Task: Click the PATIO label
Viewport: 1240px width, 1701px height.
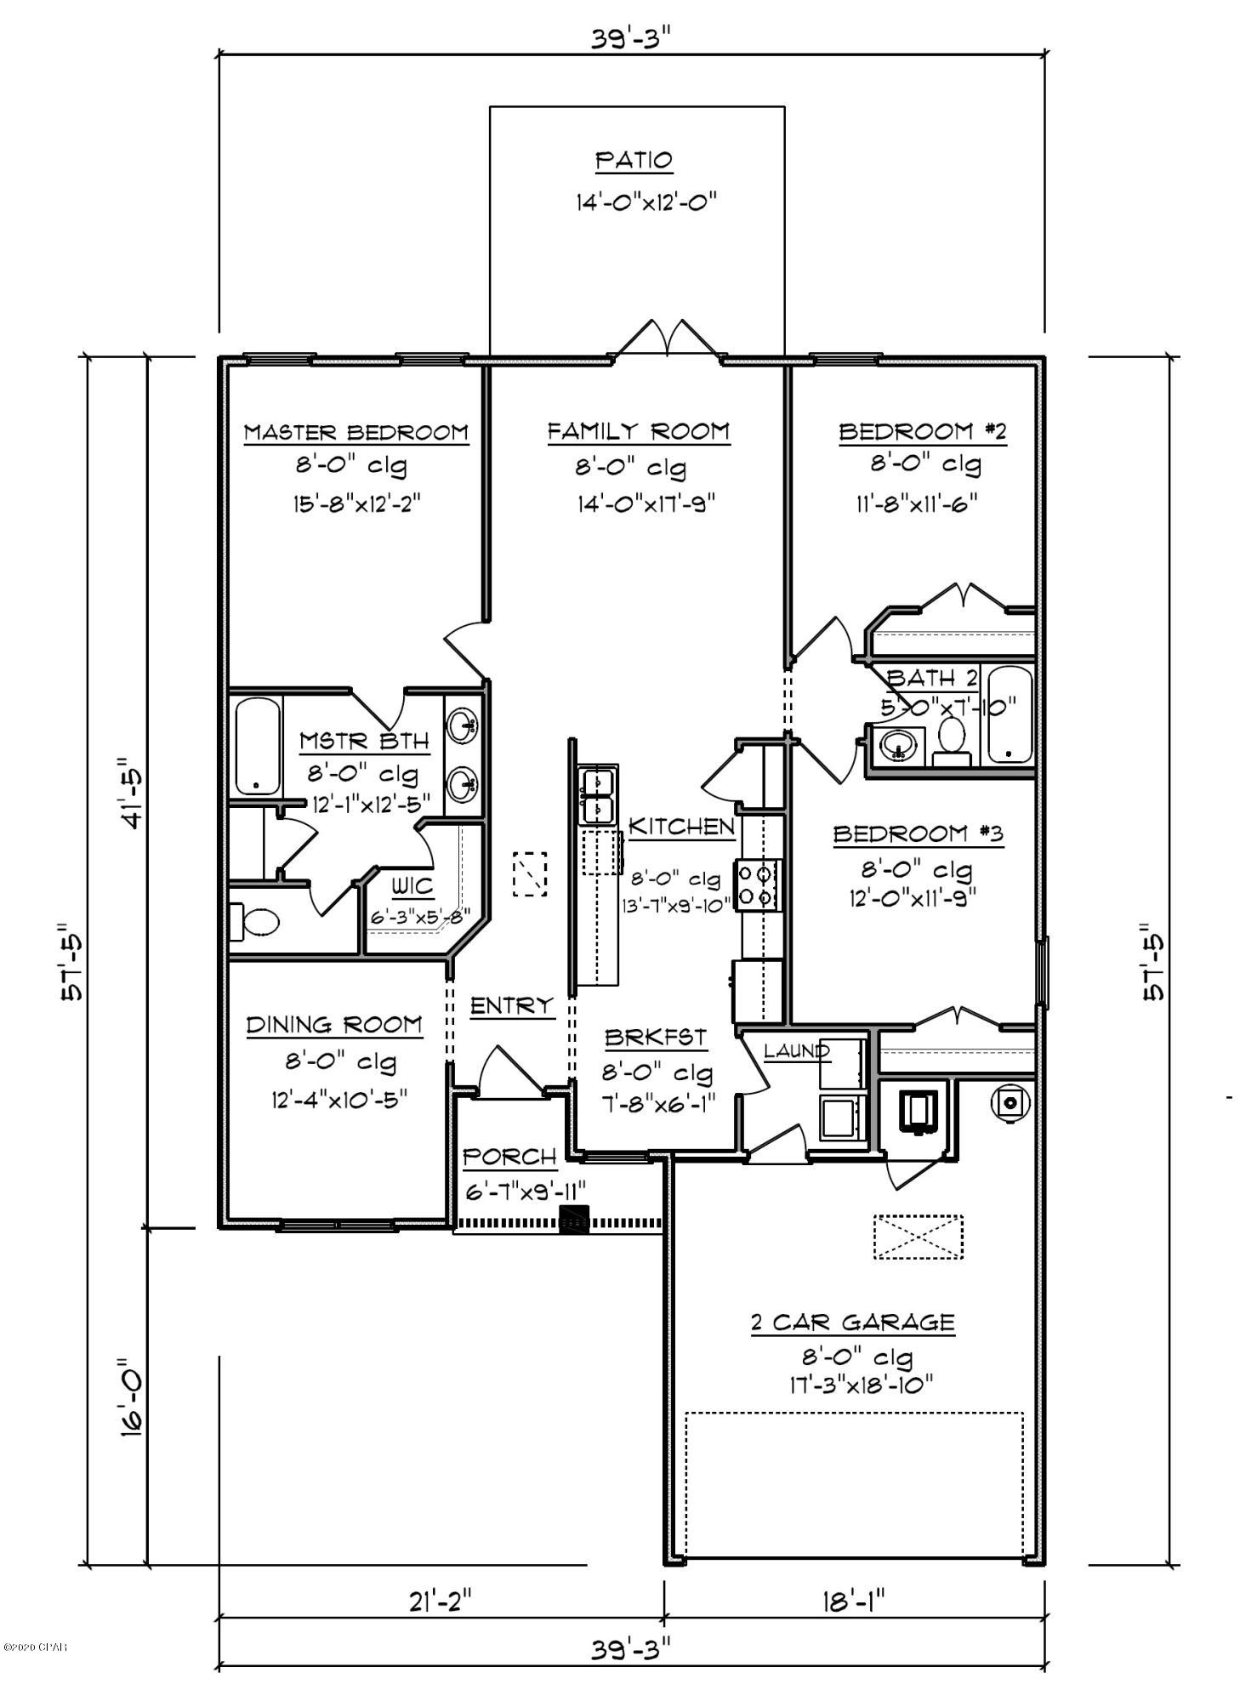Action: coord(634,160)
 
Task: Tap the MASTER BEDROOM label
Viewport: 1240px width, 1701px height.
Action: coord(356,432)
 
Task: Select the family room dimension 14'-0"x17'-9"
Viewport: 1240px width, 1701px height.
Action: coord(646,504)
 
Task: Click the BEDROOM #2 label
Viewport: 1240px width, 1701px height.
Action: coord(922,432)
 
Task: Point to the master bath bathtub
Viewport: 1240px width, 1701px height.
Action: coord(257,746)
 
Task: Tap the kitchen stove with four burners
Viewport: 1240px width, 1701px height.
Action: coord(758,885)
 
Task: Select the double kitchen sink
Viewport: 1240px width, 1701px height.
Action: coord(598,795)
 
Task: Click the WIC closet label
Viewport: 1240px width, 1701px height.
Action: coord(412,887)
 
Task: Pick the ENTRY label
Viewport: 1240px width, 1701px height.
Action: coord(511,1006)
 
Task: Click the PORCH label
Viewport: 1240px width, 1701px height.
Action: coord(509,1157)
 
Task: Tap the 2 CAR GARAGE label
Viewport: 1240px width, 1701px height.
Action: coord(852,1323)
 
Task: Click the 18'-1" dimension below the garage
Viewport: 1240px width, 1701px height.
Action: coord(854,1602)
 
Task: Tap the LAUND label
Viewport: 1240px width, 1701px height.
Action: coord(796,1051)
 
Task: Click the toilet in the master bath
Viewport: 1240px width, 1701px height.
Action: coord(254,922)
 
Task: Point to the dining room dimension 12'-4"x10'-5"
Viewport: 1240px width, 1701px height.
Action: coord(339,1100)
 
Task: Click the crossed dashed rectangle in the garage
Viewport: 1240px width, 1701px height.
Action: coord(918,1237)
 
